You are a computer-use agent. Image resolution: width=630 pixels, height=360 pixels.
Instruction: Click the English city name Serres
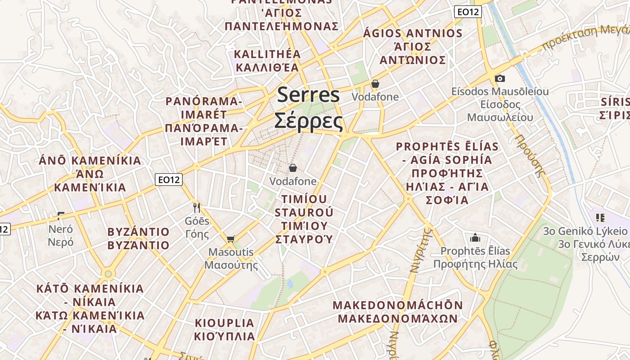click(x=309, y=95)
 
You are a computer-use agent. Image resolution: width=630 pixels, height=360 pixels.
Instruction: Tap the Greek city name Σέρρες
click(x=309, y=120)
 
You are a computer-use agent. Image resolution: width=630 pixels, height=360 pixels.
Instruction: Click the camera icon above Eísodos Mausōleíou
click(x=499, y=78)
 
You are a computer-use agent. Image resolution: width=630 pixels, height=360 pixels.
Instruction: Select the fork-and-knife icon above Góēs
click(x=196, y=207)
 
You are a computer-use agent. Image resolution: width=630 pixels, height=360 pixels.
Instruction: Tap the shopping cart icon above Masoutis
click(x=231, y=239)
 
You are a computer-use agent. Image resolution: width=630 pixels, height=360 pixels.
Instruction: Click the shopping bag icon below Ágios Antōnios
click(x=375, y=84)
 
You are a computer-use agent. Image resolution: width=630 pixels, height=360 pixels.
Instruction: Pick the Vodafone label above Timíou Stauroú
click(x=293, y=181)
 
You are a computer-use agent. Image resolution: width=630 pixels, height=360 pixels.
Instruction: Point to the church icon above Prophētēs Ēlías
click(x=475, y=238)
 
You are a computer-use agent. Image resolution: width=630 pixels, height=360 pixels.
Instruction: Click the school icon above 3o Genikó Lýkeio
click(x=600, y=218)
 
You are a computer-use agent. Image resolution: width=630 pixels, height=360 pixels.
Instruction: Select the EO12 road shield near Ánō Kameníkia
click(x=169, y=180)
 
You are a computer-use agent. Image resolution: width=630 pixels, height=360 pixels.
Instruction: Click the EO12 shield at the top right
click(x=468, y=12)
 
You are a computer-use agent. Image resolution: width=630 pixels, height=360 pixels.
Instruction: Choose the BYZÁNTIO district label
click(x=139, y=232)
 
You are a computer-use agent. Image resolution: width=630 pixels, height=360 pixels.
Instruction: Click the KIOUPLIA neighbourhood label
click(x=225, y=323)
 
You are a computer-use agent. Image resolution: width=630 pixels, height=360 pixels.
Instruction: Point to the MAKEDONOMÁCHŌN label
click(x=398, y=305)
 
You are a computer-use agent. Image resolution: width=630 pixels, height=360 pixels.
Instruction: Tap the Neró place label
click(x=61, y=229)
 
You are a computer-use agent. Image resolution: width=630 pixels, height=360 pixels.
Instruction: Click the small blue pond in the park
click(x=290, y=283)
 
